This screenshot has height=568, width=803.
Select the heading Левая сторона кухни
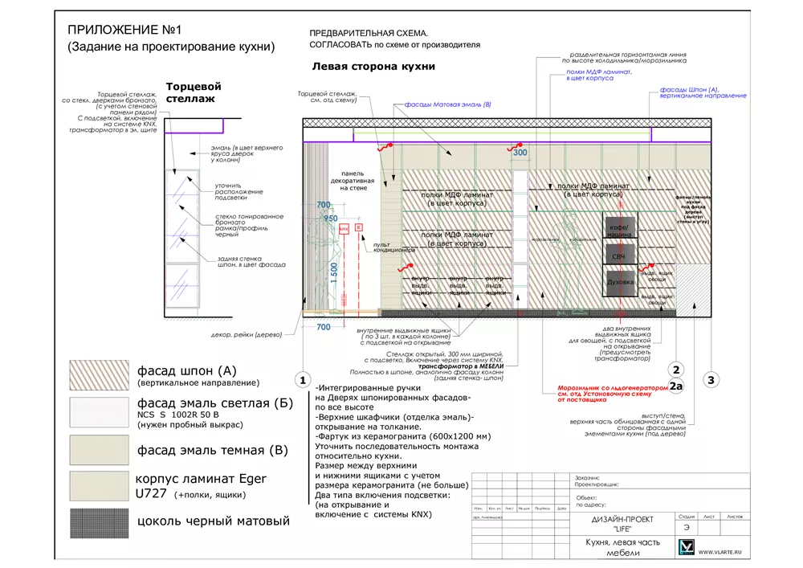pos(373,67)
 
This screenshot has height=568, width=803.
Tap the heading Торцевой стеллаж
pos(193,92)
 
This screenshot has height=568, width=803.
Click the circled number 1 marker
pos(303,380)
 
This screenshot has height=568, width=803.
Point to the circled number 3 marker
pos(710,380)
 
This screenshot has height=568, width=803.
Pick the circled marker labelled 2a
pos(676,386)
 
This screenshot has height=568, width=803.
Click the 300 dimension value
pos(520,153)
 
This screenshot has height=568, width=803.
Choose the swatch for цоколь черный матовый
pos(100,522)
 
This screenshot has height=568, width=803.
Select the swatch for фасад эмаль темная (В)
pos(100,451)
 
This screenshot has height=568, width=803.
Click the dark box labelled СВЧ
pos(619,255)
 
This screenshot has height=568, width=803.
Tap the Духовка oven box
pos(620,283)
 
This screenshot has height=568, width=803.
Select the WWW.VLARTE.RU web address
pos(722,552)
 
